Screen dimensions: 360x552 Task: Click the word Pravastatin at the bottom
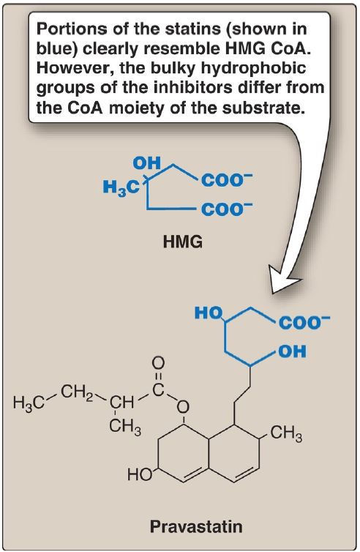[196, 527]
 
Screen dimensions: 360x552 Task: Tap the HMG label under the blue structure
[183, 242]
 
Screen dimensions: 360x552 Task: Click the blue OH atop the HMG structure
[147, 163]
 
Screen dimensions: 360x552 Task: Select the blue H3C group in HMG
[121, 187]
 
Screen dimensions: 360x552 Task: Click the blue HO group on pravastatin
[209, 313]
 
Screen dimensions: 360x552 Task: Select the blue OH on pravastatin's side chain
[292, 351]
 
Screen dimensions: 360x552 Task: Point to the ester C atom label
[159, 390]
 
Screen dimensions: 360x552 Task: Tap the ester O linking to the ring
[183, 408]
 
